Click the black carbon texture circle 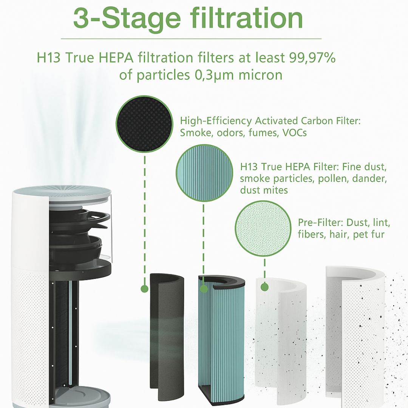point(144,124)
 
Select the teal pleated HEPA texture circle point(204,173)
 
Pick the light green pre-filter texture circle point(263,229)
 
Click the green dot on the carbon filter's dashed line point(144,289)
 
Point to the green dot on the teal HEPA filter point(204,289)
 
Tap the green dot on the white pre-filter point(264,287)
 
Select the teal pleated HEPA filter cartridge point(221,338)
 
